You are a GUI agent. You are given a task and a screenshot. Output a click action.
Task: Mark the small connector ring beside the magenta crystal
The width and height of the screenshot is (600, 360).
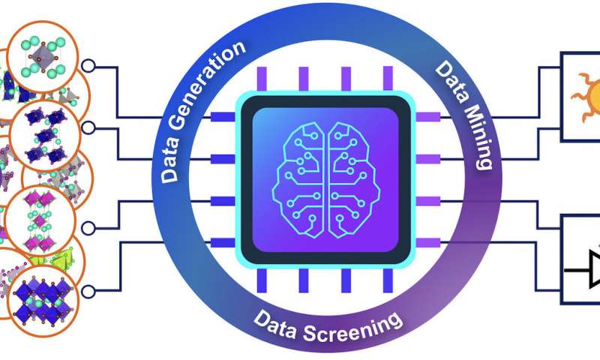pyautogui.click(x=88, y=227)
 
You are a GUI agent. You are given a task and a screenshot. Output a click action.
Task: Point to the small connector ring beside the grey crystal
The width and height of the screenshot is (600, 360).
pyautogui.click(x=88, y=66)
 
